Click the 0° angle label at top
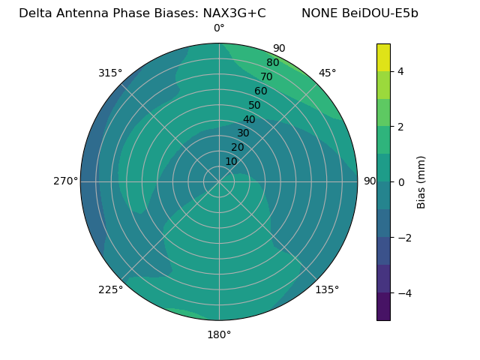pyautogui.click(x=219, y=28)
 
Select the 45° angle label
pyautogui.click(x=327, y=73)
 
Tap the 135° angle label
pyautogui.click(x=327, y=290)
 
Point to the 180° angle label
pyautogui.click(x=219, y=334)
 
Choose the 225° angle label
pyautogui.click(x=110, y=290)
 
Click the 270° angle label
pyautogui.click(x=66, y=181)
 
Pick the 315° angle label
pyautogui.click(x=110, y=73)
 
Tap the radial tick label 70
pyautogui.click(x=266, y=76)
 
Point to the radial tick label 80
pyautogui.click(x=272, y=62)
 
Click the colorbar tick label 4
pyautogui.click(x=401, y=71)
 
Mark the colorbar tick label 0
pyautogui.click(x=401, y=181)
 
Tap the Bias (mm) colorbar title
pyautogui.click(x=421, y=181)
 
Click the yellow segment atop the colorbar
pyautogui.click(x=383, y=57)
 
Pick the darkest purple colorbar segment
pyautogui.click(x=383, y=306)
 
